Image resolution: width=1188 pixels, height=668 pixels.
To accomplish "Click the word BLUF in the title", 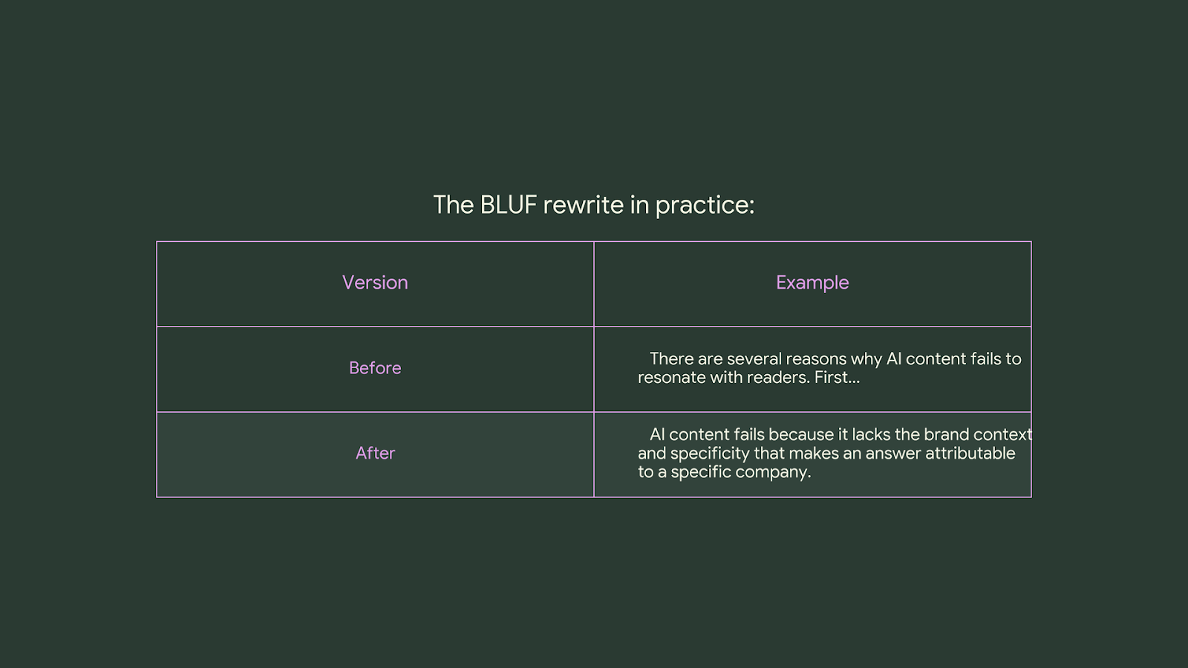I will point(508,205).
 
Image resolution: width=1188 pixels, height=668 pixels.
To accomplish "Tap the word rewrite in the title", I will point(584,205).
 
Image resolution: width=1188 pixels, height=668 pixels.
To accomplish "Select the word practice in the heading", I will point(704,205).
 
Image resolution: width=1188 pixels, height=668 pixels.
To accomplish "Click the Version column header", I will point(375,283).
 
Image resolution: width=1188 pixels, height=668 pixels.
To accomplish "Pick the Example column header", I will point(812,283).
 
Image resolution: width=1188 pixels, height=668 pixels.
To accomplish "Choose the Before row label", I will point(375,368).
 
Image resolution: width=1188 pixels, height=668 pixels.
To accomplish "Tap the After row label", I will point(375,453).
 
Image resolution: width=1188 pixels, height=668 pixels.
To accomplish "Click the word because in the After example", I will point(800,435).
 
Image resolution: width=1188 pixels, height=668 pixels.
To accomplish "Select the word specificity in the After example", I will point(709,453).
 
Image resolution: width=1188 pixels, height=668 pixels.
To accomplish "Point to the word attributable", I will point(970,453).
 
